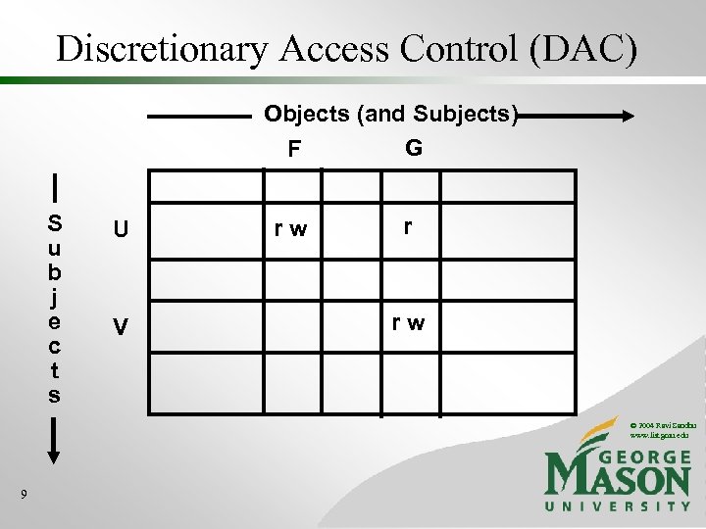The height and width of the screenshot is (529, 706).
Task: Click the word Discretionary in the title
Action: point(160,48)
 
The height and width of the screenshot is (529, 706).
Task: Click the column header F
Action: point(294,150)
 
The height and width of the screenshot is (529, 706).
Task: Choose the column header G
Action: point(413,148)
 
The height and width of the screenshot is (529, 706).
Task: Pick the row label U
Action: point(120,230)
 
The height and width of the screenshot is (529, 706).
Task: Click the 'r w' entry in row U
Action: point(290,230)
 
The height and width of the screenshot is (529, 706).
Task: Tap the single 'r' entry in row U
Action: point(408,226)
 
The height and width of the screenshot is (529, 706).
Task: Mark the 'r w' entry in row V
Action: point(409,322)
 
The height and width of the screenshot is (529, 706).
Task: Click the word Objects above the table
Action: point(307,115)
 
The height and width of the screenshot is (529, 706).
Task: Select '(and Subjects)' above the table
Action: point(436,115)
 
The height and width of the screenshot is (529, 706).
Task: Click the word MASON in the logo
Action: point(617,477)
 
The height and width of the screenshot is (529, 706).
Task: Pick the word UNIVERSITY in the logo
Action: point(617,505)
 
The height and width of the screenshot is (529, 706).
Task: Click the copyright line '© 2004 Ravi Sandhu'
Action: point(662,422)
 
